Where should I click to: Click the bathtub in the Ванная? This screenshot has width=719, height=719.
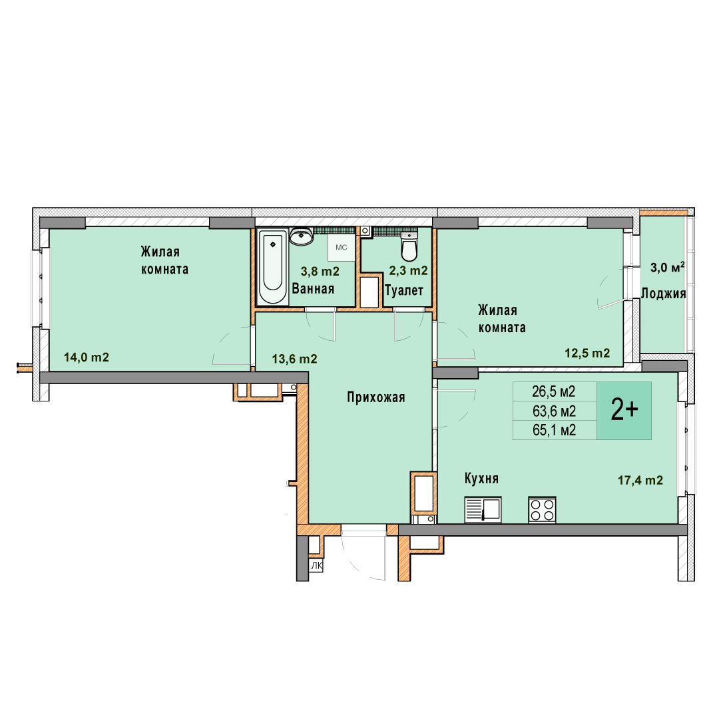tap(273, 267)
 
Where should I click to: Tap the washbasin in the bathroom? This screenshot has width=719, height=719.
tap(302, 236)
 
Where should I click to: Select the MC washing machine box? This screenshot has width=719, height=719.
tap(342, 248)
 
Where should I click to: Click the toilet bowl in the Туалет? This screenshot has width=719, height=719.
tap(409, 246)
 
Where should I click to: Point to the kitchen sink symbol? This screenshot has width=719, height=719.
tap(483, 509)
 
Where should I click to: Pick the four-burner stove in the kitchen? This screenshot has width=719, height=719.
tap(542, 509)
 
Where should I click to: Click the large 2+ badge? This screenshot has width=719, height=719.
tap(624, 410)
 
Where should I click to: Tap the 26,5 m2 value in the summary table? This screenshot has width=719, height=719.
tap(553, 391)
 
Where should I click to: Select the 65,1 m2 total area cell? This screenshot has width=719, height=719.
tap(554, 430)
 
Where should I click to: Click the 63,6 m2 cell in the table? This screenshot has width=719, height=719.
tap(554, 411)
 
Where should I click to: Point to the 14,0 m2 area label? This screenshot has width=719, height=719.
tap(86, 358)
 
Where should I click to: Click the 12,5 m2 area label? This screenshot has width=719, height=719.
tap(587, 353)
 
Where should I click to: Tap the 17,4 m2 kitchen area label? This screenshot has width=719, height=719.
tap(640, 480)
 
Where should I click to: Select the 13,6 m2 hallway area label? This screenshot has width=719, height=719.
tap(294, 359)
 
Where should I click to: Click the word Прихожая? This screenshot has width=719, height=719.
tap(376, 397)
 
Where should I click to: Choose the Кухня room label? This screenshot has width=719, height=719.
tap(481, 479)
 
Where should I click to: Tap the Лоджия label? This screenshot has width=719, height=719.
tap(663, 294)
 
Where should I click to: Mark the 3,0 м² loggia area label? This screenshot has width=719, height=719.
tap(667, 268)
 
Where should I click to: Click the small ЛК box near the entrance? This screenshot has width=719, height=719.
tap(316, 567)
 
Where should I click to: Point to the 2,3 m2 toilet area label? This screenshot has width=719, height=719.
tap(408, 270)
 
